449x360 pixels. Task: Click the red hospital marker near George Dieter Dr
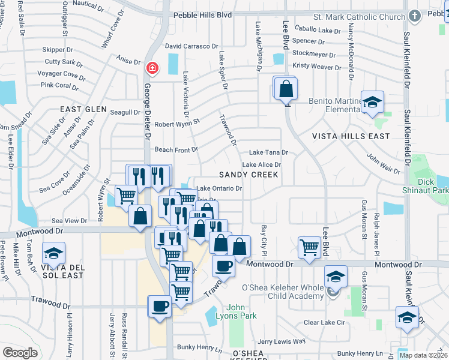(152, 68)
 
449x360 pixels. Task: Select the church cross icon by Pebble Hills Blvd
(414, 16)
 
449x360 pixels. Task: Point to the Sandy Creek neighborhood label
(248, 175)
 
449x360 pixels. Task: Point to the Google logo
(20, 352)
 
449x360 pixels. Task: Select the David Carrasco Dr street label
(191, 46)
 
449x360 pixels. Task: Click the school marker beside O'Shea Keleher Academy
(336, 277)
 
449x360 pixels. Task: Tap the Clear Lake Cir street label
(325, 322)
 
